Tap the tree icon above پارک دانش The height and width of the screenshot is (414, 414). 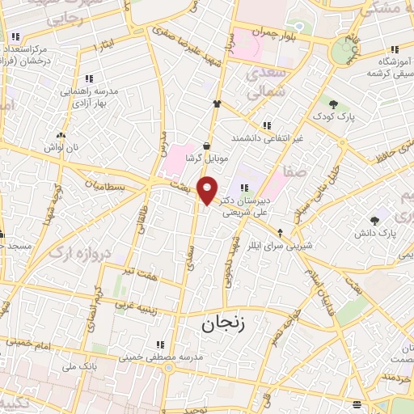tap(374, 219)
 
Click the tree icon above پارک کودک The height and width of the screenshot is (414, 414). tap(333, 103)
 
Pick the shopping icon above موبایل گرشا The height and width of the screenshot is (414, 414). tap(208, 145)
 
